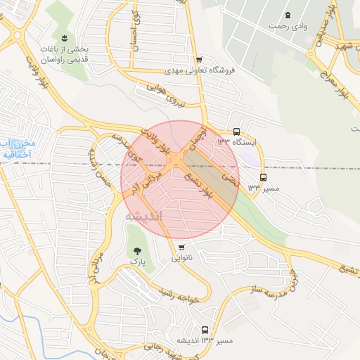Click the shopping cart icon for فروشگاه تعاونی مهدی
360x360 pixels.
tap(199, 60)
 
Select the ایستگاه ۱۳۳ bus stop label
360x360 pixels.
tap(237, 143)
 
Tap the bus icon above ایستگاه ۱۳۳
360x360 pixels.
tap(236, 131)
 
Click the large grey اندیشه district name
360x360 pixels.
tap(143, 216)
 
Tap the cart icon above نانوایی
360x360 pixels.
tap(182, 247)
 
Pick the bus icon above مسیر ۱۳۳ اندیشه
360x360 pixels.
tap(205, 329)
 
